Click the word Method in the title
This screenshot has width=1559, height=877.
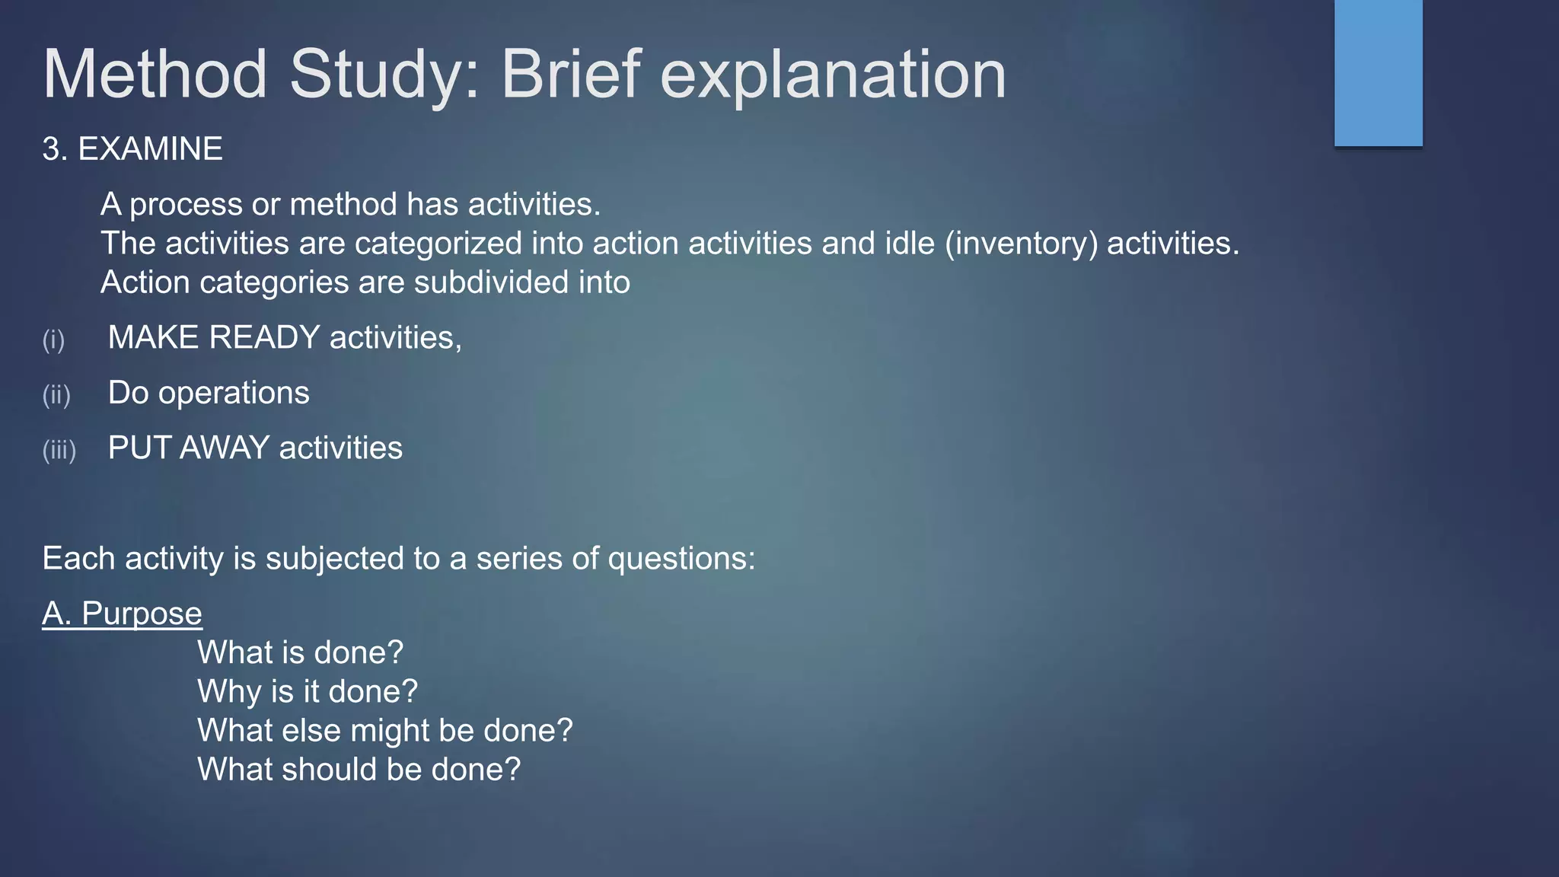tap(155, 75)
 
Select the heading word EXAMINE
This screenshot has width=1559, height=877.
tap(150, 148)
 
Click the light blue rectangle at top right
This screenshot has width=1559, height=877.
tap(1378, 72)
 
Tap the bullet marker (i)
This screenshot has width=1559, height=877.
tap(53, 340)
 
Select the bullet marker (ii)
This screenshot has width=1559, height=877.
tap(56, 395)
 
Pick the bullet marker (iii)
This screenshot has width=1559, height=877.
tap(59, 450)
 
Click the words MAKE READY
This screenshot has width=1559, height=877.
tap(213, 337)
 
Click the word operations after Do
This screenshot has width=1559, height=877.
tap(233, 393)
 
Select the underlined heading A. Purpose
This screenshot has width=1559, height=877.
tap(122, 614)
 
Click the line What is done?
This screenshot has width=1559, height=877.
tap(300, 652)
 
